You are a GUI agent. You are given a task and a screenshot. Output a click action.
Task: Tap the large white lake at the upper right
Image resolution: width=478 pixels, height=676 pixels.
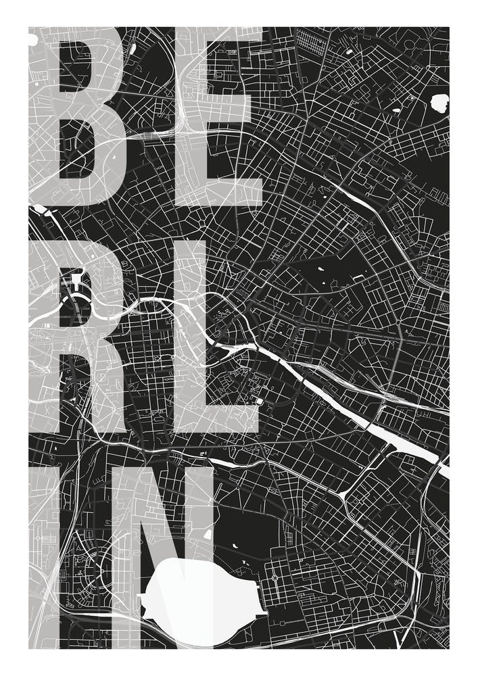click(x=440, y=103)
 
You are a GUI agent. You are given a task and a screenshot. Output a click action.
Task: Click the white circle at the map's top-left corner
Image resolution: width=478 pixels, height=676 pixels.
click(x=32, y=39)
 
